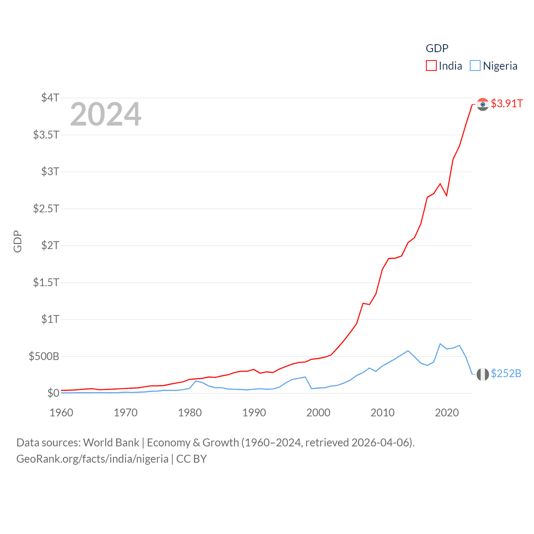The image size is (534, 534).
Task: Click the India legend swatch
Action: (431, 66)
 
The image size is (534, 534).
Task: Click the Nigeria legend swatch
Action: (475, 66)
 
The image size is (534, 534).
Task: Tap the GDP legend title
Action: (437, 48)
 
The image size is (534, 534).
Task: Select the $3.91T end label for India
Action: (506, 103)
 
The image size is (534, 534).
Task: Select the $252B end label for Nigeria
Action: (506, 373)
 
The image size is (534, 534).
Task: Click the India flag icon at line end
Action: (483, 104)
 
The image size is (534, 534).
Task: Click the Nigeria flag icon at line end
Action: (483, 374)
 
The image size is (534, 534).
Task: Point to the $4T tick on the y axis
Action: (50, 98)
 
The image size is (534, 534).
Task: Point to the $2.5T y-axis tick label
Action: (46, 208)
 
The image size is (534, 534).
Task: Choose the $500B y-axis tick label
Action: (44, 356)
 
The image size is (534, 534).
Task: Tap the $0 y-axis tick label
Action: (53, 393)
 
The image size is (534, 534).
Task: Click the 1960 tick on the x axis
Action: (61, 413)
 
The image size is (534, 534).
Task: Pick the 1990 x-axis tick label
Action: (254, 413)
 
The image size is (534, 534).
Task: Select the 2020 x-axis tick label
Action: (447, 413)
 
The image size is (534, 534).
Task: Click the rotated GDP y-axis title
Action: (18, 241)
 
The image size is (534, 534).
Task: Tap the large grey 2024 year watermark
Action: (106, 114)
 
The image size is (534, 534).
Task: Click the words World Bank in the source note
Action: (111, 443)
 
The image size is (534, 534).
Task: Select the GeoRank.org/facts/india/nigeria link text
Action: (92, 459)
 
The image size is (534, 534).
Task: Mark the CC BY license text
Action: (191, 459)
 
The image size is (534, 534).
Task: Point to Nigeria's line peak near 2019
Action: (440, 344)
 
